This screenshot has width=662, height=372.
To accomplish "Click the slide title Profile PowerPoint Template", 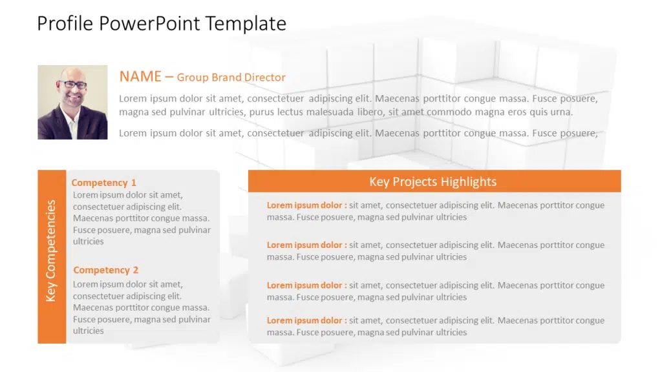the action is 162,24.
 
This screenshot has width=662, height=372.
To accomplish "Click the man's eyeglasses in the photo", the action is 74,85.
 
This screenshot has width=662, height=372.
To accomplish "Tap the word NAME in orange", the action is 140,77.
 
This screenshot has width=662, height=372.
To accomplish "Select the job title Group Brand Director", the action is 231,77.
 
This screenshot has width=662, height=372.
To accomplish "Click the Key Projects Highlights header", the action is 432,181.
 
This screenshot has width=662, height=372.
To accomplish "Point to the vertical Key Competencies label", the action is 50,251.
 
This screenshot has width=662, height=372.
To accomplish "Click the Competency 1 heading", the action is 104,183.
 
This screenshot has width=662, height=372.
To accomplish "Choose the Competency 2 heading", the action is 105,270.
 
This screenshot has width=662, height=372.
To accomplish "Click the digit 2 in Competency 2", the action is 136,270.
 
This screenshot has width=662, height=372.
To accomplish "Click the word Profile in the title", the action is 65,23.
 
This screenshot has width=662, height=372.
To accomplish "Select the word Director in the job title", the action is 264,77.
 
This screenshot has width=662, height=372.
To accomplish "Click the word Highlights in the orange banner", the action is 469,181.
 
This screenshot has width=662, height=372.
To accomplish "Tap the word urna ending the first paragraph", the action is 562,112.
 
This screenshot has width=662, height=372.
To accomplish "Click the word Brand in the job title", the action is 226,77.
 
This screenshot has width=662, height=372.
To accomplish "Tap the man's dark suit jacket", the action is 91,125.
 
